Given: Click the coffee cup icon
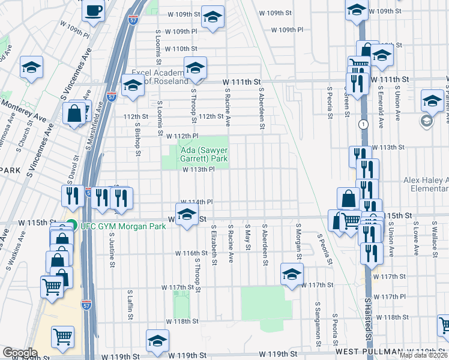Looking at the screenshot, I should tap(93, 11).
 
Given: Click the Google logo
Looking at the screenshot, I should tap(19, 353).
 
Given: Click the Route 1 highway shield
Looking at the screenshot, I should tap(364, 124).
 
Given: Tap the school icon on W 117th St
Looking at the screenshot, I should tap(292, 275).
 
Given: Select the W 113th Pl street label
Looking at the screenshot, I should tap(199, 170).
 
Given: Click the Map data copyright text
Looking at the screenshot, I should tap(424, 355).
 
